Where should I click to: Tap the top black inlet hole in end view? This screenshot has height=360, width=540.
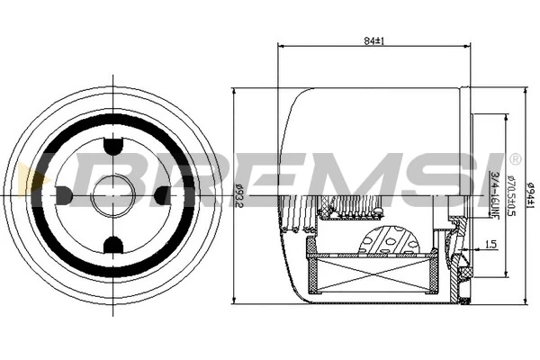tap(113, 145)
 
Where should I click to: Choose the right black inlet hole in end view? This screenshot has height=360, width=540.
tap(162, 193)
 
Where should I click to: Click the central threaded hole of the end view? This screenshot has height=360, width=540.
tap(113, 193)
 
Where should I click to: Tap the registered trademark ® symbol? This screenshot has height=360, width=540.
tap(514, 159)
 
